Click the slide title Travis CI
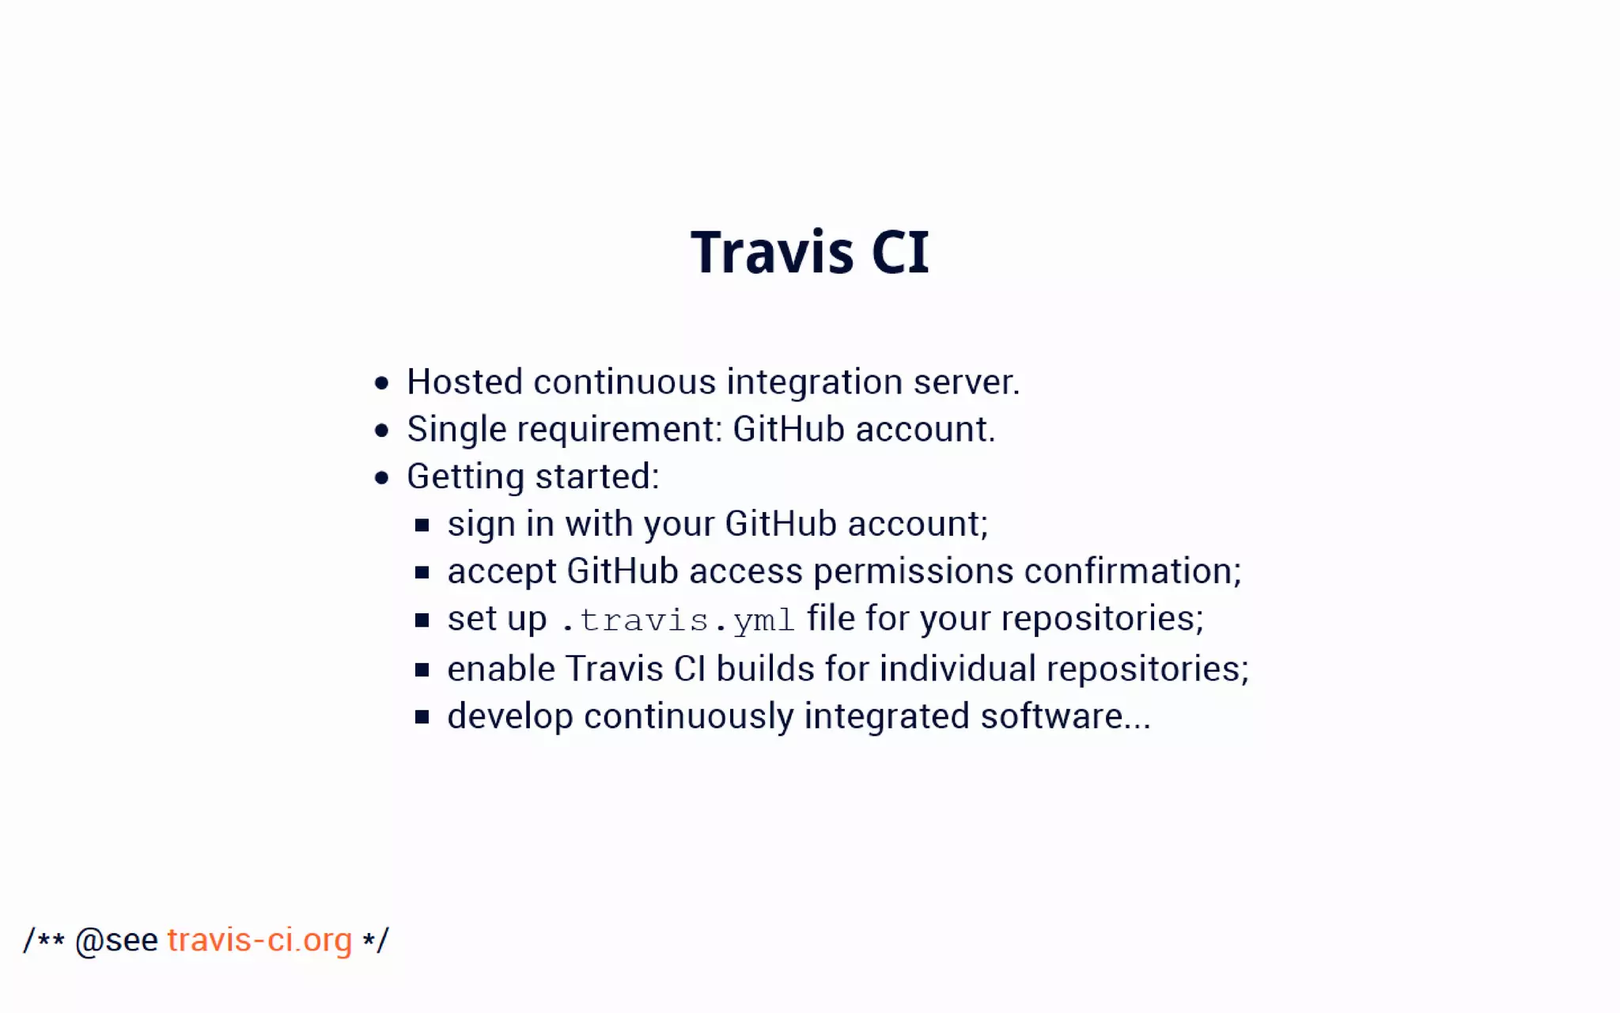coord(809,252)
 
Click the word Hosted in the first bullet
coord(464,382)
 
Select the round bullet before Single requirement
coord(382,431)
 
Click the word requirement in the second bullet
coord(615,431)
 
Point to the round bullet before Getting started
coord(382,478)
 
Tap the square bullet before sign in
coord(422,525)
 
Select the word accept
coord(502,572)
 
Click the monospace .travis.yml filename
coord(677,620)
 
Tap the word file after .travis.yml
coord(831,618)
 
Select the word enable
coord(501,670)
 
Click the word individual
coord(957,670)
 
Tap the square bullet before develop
coord(422,718)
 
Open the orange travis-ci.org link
coord(259,940)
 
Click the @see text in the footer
coord(116,941)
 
